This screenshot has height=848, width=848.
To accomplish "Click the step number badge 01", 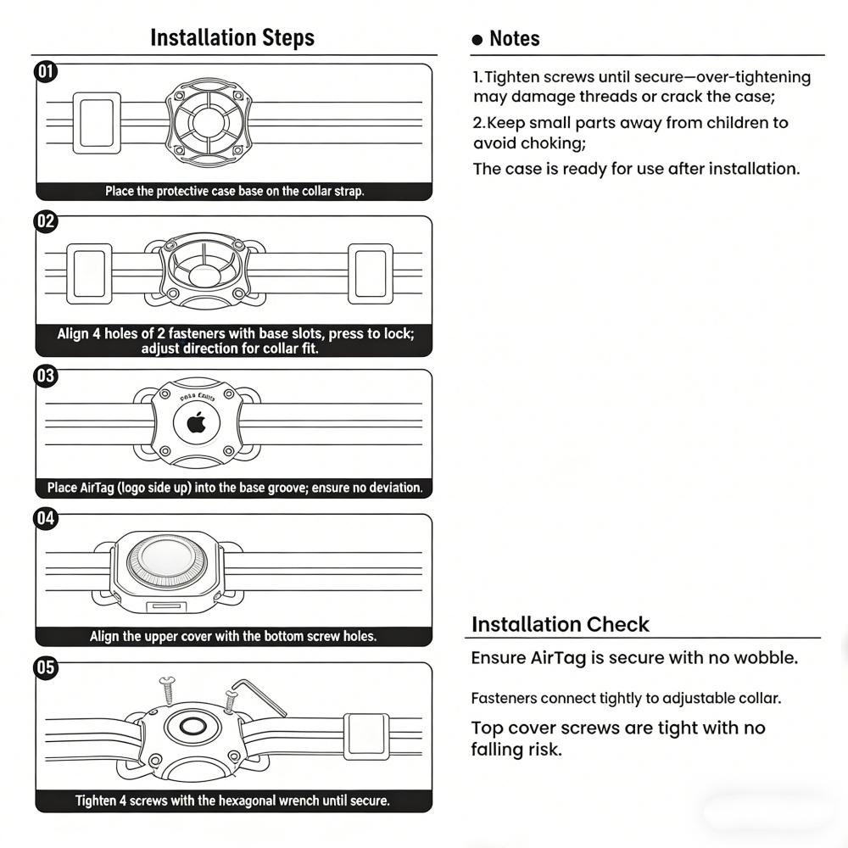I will (x=45, y=71).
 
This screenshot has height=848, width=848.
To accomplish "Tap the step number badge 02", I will (x=45, y=222).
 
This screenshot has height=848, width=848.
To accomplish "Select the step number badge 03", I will (x=45, y=376).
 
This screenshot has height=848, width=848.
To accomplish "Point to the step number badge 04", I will (x=45, y=518).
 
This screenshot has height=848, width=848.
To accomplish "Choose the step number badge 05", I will (x=45, y=668).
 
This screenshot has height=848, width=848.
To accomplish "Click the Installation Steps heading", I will (x=232, y=38).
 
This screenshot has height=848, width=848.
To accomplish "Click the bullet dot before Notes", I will (x=477, y=40).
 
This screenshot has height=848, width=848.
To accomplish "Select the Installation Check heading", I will (x=560, y=625).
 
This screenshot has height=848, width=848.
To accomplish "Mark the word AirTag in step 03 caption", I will (x=101, y=488).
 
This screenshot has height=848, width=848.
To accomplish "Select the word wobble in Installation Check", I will (x=767, y=658).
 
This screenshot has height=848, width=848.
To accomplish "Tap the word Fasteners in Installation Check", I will (x=504, y=699).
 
